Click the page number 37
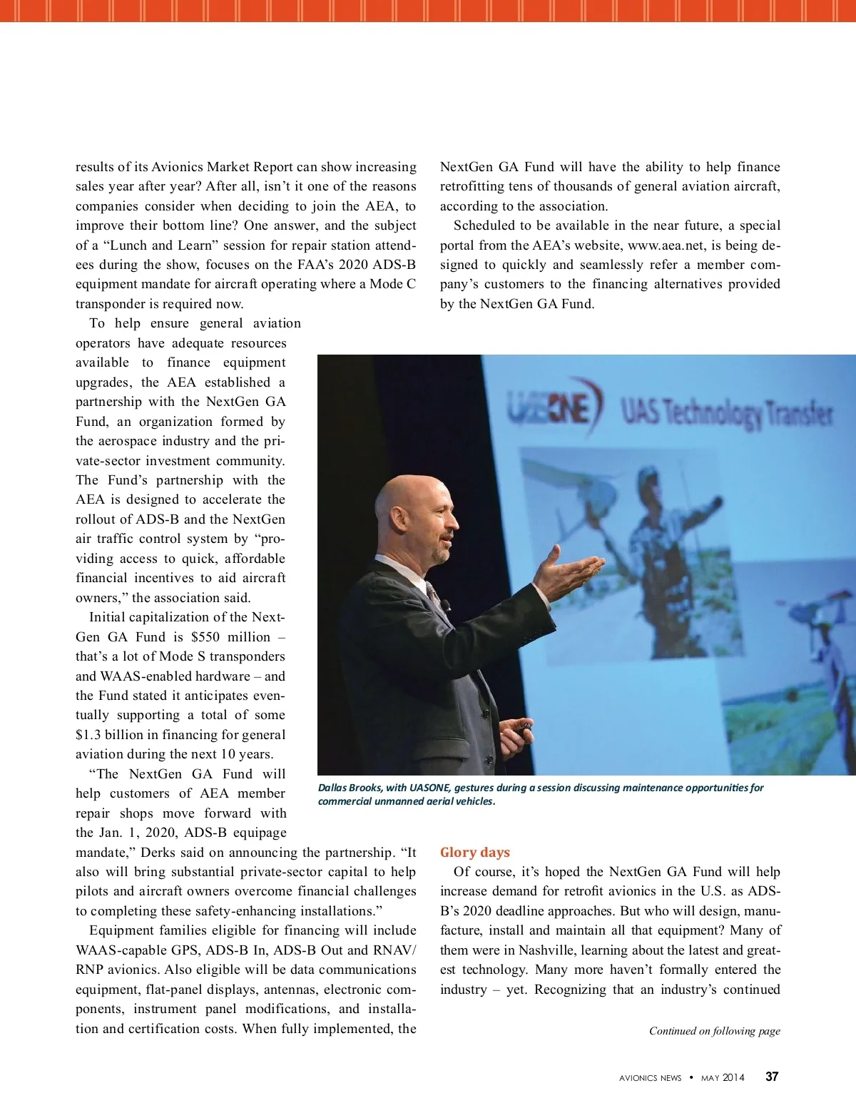pyautogui.click(x=772, y=1077)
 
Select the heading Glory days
pyautogui.click(x=474, y=852)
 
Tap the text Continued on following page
pyautogui.click(x=714, y=1030)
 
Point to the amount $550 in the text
pyautogui.click(x=205, y=636)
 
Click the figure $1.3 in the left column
pyautogui.click(x=91, y=734)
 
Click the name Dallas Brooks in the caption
pyautogui.click(x=350, y=788)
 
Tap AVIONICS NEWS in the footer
pyautogui.click(x=650, y=1077)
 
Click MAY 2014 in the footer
pyautogui.click(x=723, y=1077)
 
